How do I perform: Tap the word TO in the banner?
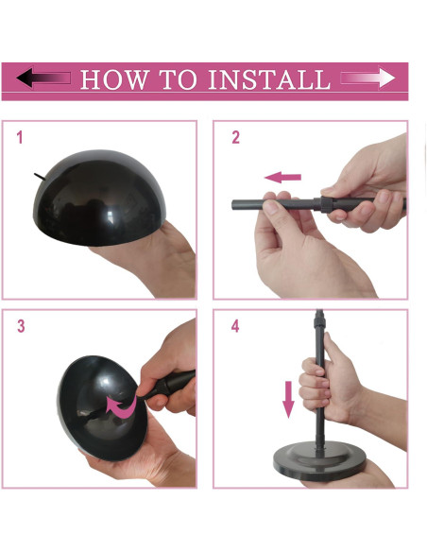pos(178,78)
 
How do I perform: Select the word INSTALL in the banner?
pos(269,78)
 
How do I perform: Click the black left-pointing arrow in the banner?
pos(43,78)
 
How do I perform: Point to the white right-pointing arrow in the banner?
pos(367,78)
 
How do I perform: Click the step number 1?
pos(20,137)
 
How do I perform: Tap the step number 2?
pos(235,137)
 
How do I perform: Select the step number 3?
pos(21,326)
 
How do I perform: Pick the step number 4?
pos(235,326)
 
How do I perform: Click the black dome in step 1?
pos(99,198)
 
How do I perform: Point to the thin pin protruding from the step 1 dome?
pos(40,177)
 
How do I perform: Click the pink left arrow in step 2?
pos(282,177)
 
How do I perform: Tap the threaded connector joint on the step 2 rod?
pos(325,204)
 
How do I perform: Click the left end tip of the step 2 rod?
pos(232,205)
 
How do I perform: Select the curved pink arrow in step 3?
pos(121,405)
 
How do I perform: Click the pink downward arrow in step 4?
pos(288,400)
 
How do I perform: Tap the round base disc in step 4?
pos(319,461)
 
